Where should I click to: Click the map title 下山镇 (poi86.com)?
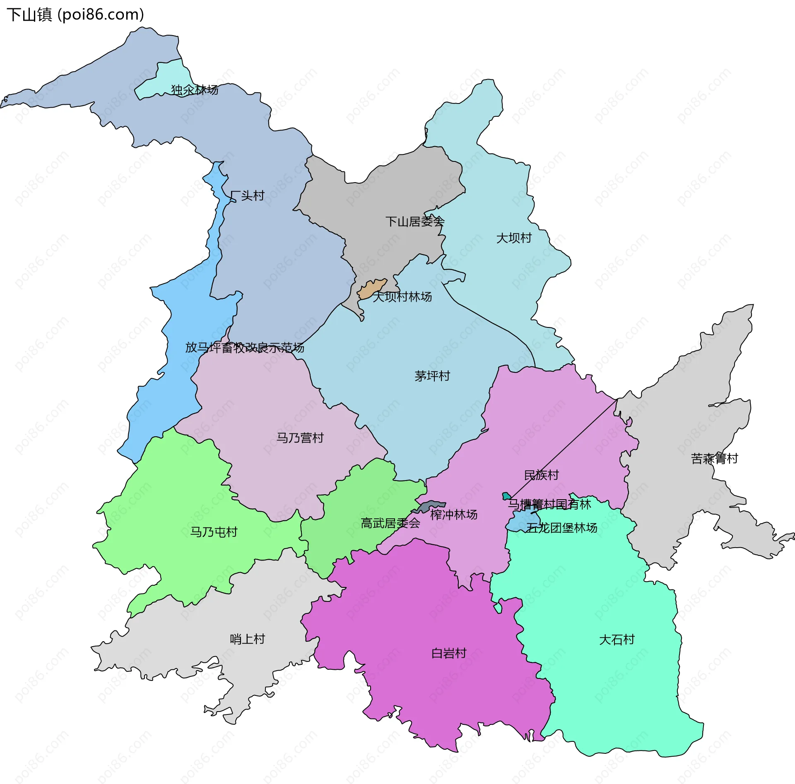coord(75,15)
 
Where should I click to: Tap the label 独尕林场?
coord(195,90)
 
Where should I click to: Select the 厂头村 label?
coord(247,195)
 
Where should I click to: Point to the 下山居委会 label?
coord(415,221)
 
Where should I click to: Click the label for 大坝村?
coord(514,238)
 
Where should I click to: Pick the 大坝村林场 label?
coord(402,297)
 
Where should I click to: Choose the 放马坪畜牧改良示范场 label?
coord(245,347)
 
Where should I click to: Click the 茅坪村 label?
coord(432,376)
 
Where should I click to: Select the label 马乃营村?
coord(300,438)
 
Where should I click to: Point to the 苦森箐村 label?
coord(715,459)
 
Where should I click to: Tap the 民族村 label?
coord(542,475)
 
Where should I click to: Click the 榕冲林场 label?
coord(454,515)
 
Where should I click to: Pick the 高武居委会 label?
coord(390,524)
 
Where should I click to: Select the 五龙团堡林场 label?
coord(561,528)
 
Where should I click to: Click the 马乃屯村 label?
coord(214,532)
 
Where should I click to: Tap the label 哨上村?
coord(248,639)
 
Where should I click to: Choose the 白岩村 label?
coord(449,653)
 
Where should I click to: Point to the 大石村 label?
coord(617,640)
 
